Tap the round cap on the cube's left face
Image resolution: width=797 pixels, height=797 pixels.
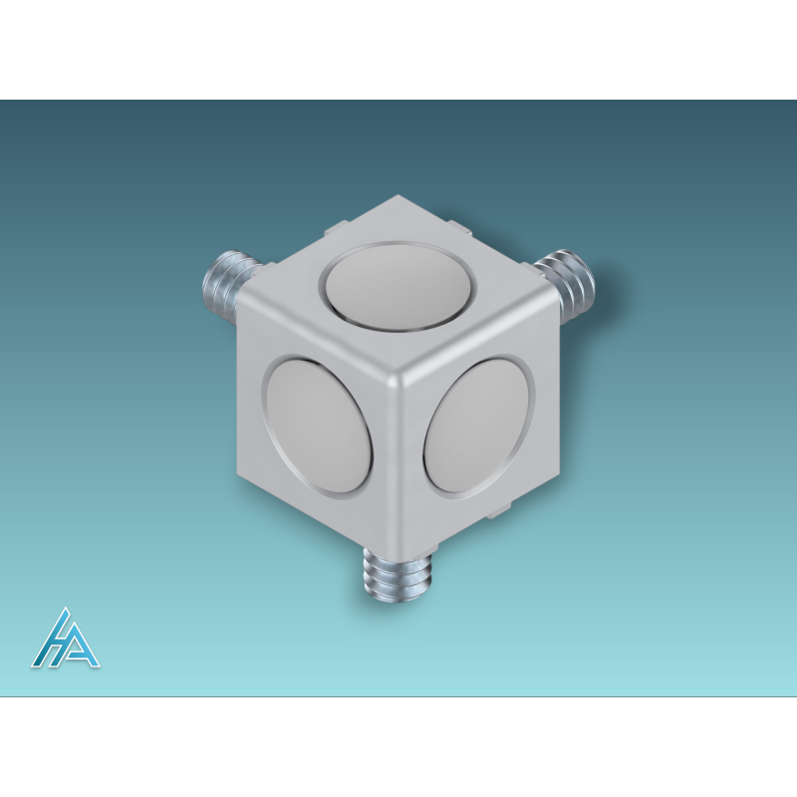[x=319, y=426]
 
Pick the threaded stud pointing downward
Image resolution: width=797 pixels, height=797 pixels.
[x=398, y=571]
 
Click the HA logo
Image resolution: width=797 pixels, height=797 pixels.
[x=66, y=638]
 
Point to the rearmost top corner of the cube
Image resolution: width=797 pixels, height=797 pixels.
[x=398, y=195]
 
